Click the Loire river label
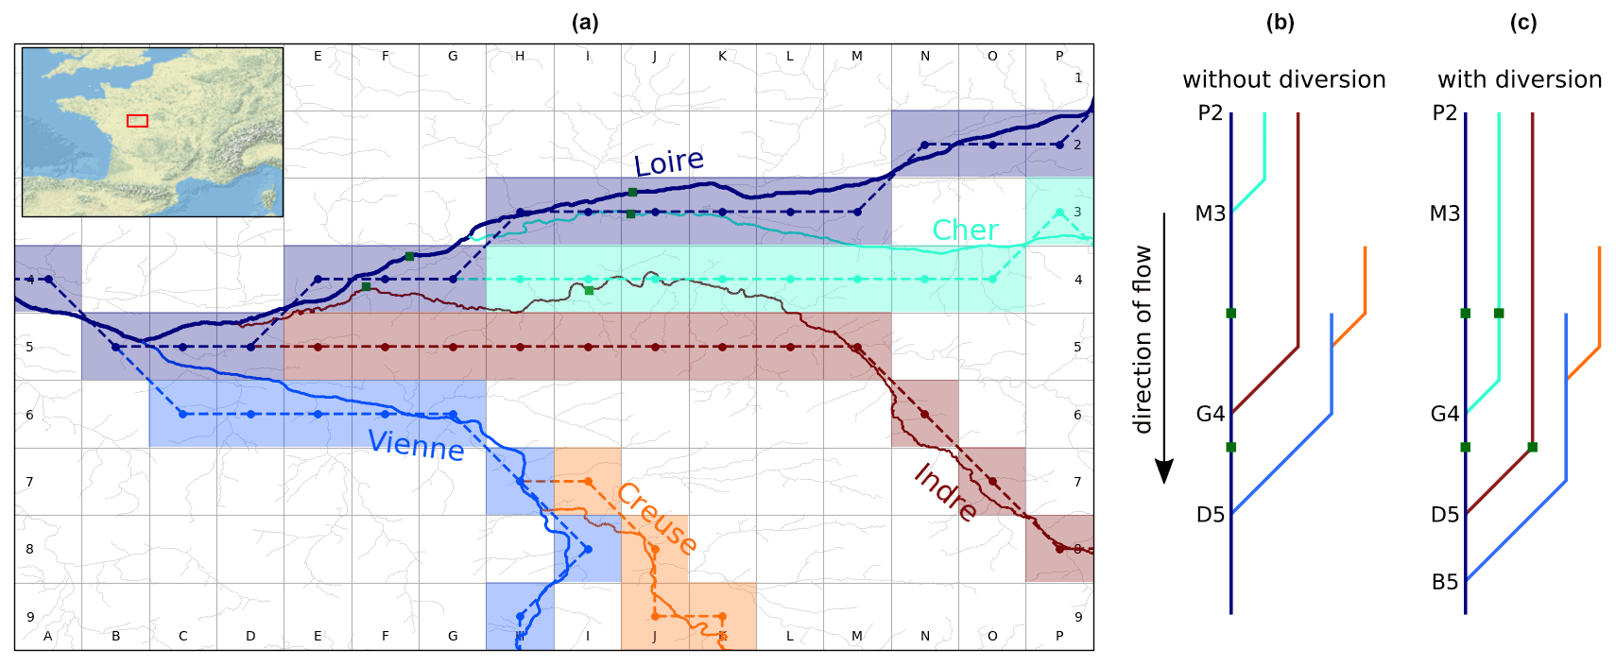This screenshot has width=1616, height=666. click(669, 162)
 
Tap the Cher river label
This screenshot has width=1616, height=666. click(965, 230)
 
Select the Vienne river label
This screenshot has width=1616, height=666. click(416, 444)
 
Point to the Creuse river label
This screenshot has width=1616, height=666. click(657, 518)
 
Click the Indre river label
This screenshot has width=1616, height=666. click(945, 492)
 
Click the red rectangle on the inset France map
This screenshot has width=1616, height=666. click(137, 121)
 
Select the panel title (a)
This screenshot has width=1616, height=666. click(585, 23)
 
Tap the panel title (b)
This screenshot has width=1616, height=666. click(1280, 23)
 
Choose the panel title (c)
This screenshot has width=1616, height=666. click(1522, 23)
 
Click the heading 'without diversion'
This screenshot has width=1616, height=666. click(1283, 79)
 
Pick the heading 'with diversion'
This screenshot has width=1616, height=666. click(1519, 79)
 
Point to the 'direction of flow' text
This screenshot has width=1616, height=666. click(1143, 339)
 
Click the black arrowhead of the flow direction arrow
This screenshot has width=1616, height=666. click(1164, 470)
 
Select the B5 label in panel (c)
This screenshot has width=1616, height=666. click(1445, 582)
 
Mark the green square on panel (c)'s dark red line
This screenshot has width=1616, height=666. click(1532, 447)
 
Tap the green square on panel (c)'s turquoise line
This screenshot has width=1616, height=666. click(1499, 313)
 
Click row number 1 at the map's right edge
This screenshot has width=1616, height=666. click(1078, 77)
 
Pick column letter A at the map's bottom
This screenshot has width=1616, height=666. click(48, 636)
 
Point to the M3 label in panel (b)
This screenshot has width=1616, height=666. click(1210, 213)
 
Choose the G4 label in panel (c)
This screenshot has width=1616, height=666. click(1445, 414)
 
